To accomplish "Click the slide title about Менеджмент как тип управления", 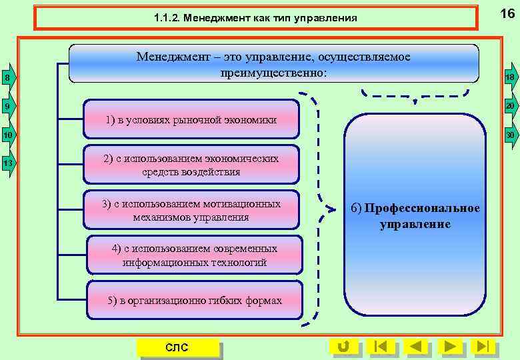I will pos(255,18).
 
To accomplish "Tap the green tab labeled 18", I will pos(510,78).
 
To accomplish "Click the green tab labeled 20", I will pos(510,106).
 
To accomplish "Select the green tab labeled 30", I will pos(510,135).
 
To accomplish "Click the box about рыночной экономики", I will pos(191,120).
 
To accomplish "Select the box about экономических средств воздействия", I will pos(191,165).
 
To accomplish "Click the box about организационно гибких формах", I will pos(195,301).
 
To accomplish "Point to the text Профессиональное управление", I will pos(415,216).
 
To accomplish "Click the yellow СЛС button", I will pos(177,347).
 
